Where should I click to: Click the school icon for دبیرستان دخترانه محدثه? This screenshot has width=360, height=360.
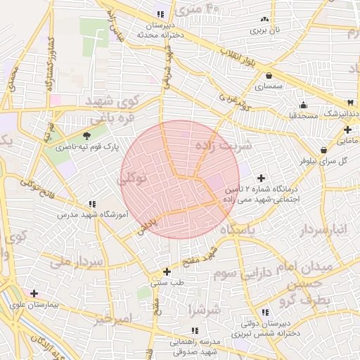tap(160, 14)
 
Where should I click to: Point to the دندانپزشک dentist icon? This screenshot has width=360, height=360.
tap(351, 103)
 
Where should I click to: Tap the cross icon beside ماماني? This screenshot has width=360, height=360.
tap(348, 130)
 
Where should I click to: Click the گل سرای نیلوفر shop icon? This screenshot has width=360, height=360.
tap(323, 150)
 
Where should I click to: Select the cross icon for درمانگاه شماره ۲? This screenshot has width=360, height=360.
tap(262, 178)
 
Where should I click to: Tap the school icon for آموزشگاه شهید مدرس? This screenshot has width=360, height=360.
tap(93, 203)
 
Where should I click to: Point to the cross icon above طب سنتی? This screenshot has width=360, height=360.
tap(167, 271)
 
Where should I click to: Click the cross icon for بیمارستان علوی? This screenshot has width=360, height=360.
tap(34, 293)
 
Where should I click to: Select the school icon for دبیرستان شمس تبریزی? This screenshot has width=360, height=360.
tap(265, 313)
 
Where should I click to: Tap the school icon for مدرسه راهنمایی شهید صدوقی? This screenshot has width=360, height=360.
tap(195, 330)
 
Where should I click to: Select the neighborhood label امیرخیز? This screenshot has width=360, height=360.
tap(112, 319)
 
